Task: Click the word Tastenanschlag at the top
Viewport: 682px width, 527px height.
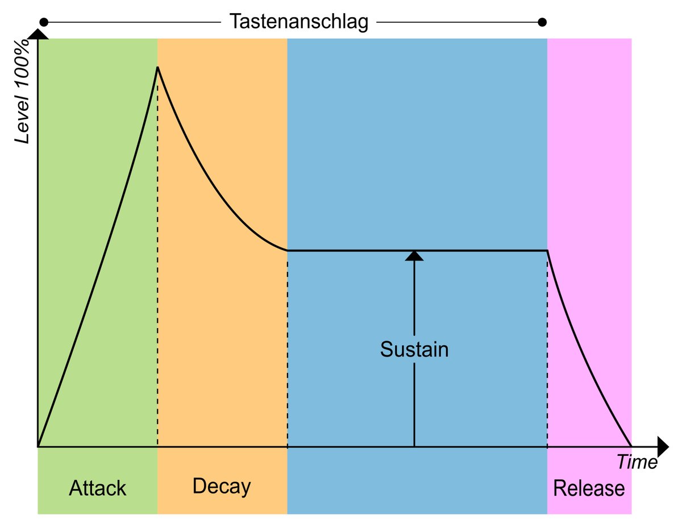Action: (298, 22)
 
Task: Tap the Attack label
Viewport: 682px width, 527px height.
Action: (97, 488)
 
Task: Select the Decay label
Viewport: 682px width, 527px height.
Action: (222, 487)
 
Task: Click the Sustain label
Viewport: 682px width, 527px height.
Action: (414, 349)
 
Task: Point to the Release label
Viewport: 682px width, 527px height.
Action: (589, 488)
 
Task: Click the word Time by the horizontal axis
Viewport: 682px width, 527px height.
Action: (637, 462)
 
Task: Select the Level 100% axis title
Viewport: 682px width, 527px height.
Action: (22, 91)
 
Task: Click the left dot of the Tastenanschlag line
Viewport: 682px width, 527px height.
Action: (44, 22)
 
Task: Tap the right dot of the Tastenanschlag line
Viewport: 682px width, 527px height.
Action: (542, 22)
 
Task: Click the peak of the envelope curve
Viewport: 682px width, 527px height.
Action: (157, 67)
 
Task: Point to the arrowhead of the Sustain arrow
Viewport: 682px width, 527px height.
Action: (414, 256)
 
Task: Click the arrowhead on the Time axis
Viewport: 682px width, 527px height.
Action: (663, 446)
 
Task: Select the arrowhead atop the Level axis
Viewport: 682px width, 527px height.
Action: (38, 34)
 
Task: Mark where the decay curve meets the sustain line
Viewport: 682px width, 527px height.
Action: (287, 251)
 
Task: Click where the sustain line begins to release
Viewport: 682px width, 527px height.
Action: (547, 251)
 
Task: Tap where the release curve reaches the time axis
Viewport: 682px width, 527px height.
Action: (631, 446)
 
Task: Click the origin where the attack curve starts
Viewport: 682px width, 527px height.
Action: (38, 446)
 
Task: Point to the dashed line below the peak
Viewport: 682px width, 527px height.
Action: (157, 257)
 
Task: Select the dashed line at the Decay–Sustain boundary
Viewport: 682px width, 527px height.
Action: (287, 348)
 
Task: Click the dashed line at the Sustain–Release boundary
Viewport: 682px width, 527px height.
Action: (547, 348)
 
